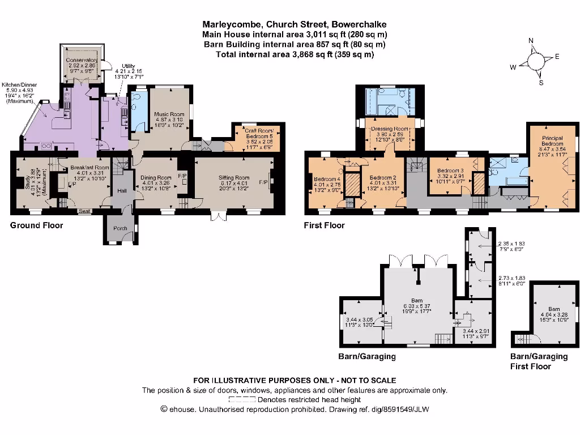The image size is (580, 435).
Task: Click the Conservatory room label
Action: pos(82,60)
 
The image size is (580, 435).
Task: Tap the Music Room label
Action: pos(169,114)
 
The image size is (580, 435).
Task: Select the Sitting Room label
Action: pos(234,178)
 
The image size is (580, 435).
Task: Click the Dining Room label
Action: pos(156,178)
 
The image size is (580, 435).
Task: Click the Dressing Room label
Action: pos(389,129)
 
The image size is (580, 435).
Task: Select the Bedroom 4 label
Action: pos(328,180)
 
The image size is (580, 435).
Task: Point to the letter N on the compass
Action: pos(531,41)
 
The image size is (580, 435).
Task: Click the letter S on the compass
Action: pos(541,83)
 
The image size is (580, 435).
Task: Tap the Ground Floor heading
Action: pos(36,225)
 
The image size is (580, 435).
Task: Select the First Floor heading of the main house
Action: pos(324,225)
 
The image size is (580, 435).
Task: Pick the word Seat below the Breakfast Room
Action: pos(86,211)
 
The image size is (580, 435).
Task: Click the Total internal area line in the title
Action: pos(295,54)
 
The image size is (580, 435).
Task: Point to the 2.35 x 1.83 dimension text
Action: pos(509,244)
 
